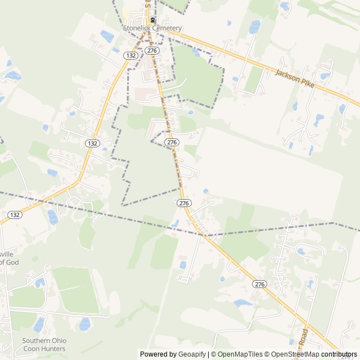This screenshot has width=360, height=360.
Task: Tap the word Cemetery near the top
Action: click(168, 29)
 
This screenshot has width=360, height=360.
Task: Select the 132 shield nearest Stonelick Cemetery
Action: click(131, 56)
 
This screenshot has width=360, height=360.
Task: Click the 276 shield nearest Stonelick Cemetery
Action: click(151, 51)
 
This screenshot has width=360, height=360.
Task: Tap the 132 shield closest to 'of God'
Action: click(15, 215)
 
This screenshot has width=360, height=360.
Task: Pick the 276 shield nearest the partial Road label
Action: click(259, 284)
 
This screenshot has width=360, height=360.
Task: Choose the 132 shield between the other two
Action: click(93, 143)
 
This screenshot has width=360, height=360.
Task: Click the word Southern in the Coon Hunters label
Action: click(37, 341)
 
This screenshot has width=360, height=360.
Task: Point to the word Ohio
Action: click(59, 341)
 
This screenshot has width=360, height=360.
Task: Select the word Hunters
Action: click(54, 349)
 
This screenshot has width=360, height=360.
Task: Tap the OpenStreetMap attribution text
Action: click(292, 354)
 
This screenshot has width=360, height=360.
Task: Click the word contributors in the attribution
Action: click(339, 354)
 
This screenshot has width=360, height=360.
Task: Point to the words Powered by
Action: click(157, 354)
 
